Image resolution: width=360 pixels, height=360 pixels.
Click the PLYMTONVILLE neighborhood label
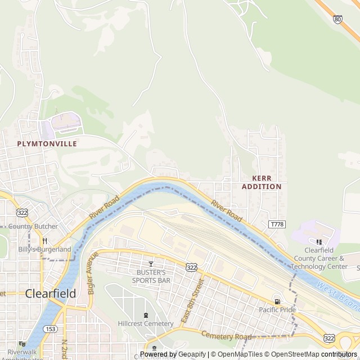47,143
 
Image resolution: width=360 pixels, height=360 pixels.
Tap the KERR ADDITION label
262,182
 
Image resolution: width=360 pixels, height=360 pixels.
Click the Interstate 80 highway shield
337,19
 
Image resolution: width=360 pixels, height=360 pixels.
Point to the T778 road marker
277,224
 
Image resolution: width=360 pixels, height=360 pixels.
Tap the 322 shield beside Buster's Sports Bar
191,267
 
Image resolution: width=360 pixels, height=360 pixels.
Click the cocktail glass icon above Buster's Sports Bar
150,264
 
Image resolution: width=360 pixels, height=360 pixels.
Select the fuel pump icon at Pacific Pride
277,301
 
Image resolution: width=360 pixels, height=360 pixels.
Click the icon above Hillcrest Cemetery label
146,315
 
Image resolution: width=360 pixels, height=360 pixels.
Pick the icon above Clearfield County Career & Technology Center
319,242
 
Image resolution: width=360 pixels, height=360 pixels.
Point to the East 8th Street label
190,303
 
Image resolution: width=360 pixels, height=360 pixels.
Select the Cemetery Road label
227,336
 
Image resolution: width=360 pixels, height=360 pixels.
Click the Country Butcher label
33,227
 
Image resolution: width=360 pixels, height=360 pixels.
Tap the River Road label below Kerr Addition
227,210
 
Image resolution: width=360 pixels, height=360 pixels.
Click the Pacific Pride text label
277,310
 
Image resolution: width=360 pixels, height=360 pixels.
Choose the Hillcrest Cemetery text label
146,323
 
